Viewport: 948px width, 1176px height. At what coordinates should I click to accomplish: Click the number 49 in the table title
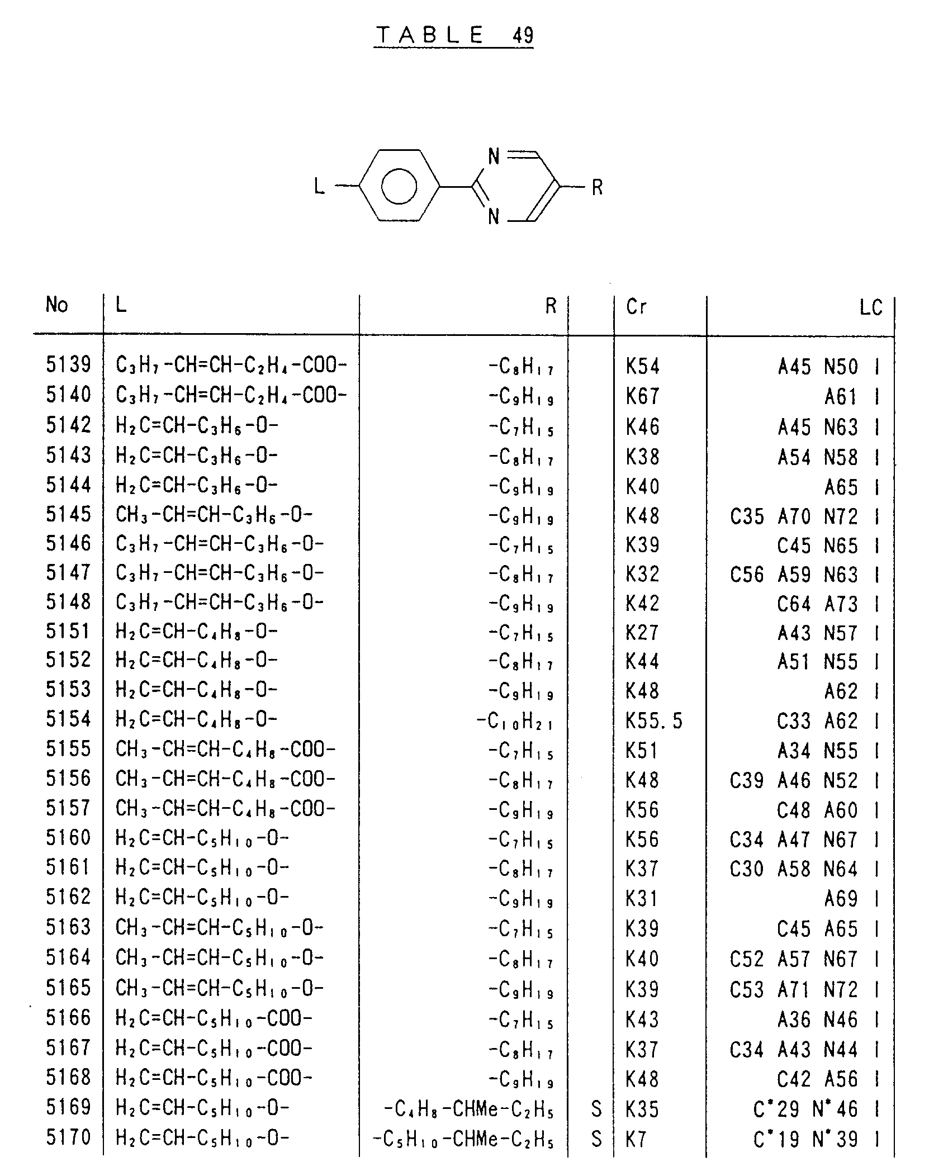pos(523,36)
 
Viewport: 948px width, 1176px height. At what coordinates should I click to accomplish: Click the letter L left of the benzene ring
pos(319,186)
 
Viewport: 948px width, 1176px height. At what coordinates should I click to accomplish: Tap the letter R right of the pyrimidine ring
pos(597,187)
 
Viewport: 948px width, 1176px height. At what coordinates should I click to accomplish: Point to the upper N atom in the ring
pos(494,157)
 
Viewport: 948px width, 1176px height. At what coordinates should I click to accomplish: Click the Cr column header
pos(636,306)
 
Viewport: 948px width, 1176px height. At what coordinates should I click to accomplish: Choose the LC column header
pos(870,307)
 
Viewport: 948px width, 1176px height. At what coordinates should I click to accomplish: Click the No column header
pos(57,305)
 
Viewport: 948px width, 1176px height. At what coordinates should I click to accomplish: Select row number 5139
pos(68,365)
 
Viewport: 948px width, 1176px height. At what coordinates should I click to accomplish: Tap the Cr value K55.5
pos(654,722)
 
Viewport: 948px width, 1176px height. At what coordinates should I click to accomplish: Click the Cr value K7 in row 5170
pos(636,1138)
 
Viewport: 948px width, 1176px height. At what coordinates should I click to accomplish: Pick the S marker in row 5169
pos(596,1109)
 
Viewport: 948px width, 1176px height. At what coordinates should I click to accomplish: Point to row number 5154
pos(68,719)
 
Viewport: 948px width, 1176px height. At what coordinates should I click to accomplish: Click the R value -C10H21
pos(515,722)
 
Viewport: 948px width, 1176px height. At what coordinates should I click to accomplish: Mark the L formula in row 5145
pos(214,515)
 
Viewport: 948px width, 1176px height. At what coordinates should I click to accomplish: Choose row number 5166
pos(68,1018)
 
